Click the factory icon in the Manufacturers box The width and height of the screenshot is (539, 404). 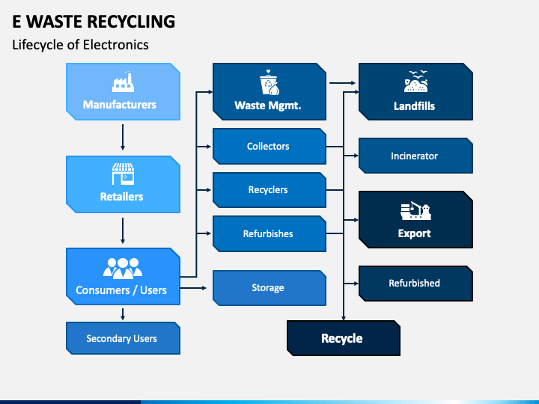coord(123,82)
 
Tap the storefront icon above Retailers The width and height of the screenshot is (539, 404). coord(123,174)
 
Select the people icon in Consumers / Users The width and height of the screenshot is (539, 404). coord(123,269)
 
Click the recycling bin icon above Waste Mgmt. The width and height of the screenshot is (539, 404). coord(269,82)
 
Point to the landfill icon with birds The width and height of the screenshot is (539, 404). coord(416,82)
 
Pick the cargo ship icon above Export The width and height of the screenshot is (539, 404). coord(415,210)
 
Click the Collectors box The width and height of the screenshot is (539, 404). coord(269,147)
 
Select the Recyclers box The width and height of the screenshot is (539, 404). coord(269,190)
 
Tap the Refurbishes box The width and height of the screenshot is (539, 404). coord(269,233)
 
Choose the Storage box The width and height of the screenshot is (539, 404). coord(269,288)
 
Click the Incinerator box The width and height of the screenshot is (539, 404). coord(415,156)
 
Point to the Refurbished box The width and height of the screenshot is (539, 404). coord(415,284)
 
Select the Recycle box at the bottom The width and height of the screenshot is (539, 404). coord(344,338)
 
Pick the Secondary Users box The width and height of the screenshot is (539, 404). coord(123,338)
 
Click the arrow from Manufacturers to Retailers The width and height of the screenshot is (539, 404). coord(123,138)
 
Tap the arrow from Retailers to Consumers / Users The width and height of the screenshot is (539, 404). coord(123,230)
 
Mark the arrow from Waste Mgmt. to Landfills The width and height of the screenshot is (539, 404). coord(342,83)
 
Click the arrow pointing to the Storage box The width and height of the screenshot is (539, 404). coord(193,288)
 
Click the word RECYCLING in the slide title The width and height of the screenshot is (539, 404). coord(131,22)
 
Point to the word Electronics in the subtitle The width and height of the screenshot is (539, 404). coord(115,45)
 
